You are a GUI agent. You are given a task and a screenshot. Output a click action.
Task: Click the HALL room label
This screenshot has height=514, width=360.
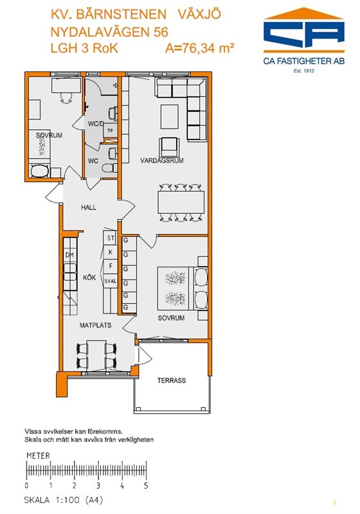pos(89,207)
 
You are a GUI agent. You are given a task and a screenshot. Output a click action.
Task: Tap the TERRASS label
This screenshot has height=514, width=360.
pos(172,380)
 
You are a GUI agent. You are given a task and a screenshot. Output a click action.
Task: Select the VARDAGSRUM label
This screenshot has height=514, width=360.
pos(162,160)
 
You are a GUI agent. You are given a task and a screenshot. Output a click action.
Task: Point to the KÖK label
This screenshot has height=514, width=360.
pos(89,278)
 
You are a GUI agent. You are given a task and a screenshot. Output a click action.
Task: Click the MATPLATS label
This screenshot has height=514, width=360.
pos(95,325)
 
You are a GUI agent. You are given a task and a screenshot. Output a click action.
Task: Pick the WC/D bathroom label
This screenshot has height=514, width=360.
pos(96,124)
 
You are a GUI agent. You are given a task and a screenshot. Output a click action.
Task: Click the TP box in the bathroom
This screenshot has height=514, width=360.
pos(110,131)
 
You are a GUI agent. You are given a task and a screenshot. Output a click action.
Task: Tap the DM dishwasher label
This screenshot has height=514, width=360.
pos(69,255)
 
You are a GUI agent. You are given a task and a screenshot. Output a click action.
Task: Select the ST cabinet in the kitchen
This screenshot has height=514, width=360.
pos(111,238)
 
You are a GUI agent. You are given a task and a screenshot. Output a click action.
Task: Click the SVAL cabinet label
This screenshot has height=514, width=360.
pos(111,281)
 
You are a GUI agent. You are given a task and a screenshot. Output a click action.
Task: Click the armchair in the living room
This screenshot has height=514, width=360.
pos(169,147)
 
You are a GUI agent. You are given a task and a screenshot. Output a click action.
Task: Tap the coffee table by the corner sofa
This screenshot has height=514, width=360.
pos(170,117)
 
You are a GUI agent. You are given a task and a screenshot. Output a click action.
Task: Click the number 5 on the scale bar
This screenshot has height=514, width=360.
pos(146,485)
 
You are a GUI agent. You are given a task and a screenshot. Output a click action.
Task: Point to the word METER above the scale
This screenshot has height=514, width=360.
pos(38,456)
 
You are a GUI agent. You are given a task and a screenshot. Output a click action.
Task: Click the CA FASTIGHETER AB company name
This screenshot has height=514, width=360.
pos(304,61)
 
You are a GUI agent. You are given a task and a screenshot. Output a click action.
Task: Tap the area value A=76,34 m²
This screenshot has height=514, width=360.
pos(200,48)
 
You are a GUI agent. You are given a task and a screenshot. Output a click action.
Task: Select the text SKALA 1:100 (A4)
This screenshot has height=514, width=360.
pos(64,501)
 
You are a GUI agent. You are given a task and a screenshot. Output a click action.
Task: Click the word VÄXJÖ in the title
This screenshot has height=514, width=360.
pos(199,14)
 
